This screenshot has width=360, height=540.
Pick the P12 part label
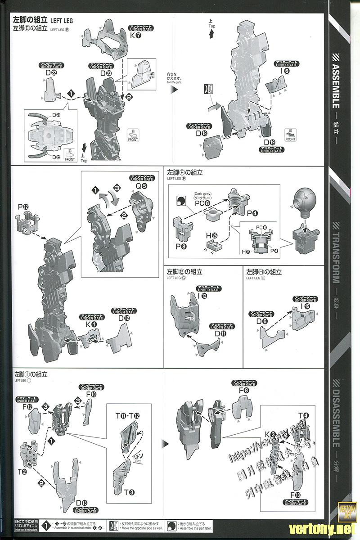point(23,207)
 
